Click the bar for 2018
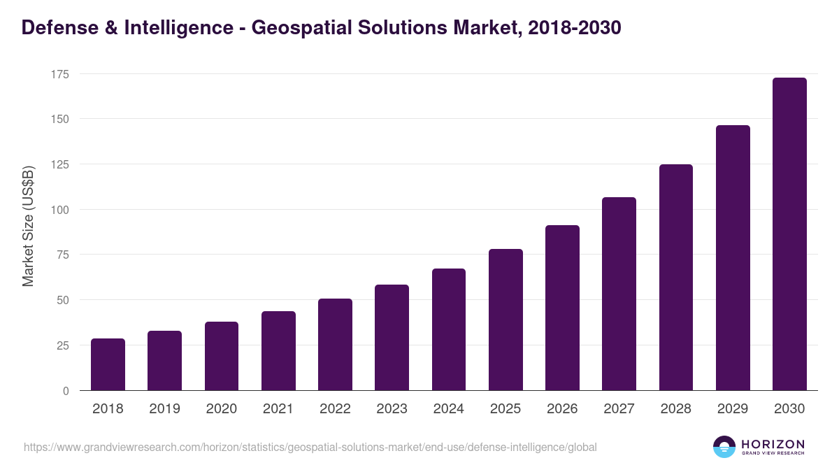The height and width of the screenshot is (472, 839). click(108, 364)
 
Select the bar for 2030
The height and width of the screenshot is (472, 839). click(789, 234)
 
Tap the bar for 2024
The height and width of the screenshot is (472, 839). click(449, 329)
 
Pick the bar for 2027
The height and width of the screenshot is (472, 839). click(619, 294)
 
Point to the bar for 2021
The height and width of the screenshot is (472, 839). click(278, 351)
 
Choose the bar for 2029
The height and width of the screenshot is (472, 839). click(733, 258)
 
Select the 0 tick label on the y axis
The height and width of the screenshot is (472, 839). click(66, 391)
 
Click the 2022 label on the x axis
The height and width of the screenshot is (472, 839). click(335, 409)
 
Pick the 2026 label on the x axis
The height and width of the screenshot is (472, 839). click(562, 409)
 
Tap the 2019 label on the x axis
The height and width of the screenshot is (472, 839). click(164, 409)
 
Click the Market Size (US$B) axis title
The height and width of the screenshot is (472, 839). click(29, 226)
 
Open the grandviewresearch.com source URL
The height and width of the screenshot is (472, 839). click(310, 447)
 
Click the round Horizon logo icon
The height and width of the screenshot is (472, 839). click(724, 447)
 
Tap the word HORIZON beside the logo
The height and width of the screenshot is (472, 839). click(773, 444)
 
